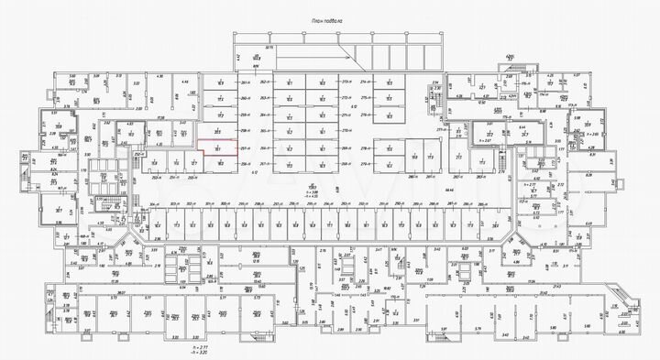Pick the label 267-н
pos(266,147)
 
